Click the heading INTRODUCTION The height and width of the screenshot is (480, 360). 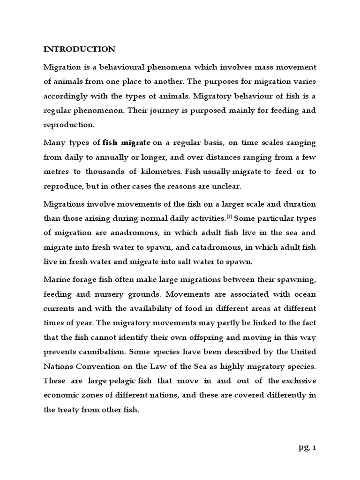coord(79,49)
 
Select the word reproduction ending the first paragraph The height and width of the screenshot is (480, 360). coord(68,126)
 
